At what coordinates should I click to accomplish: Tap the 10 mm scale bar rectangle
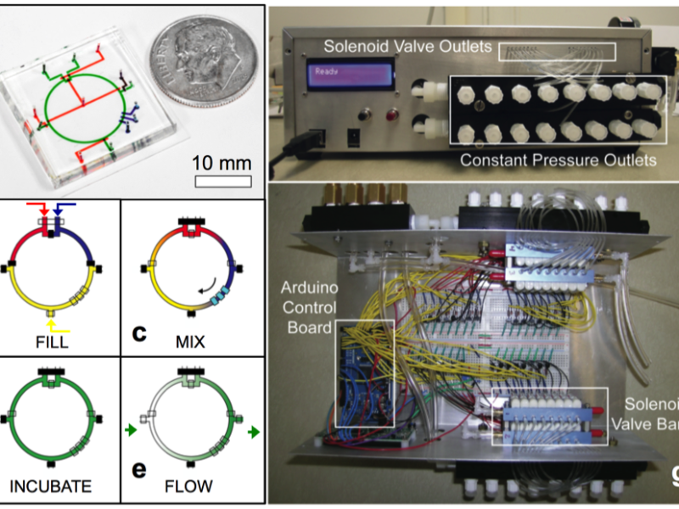coord(223,181)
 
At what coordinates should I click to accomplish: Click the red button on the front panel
coord(392,115)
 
